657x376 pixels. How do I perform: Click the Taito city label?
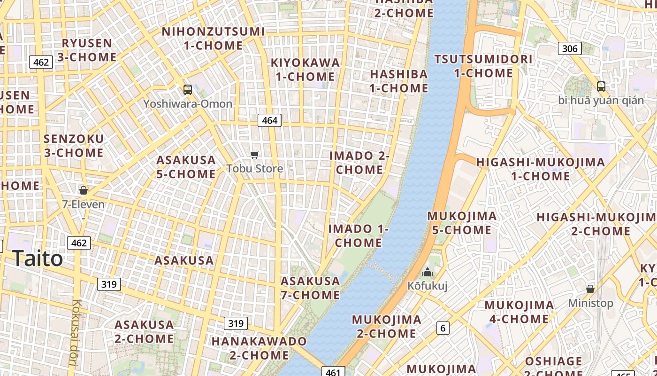[x=37, y=258]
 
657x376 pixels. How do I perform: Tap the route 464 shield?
[x=269, y=120]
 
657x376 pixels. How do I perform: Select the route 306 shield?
[x=570, y=48]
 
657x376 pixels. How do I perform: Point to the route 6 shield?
[x=443, y=328]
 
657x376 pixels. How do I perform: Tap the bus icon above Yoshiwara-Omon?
[x=187, y=89]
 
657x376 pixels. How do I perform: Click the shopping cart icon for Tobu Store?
[x=255, y=155]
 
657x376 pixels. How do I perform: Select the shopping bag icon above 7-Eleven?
[x=84, y=190]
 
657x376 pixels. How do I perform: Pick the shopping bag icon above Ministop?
[x=590, y=289]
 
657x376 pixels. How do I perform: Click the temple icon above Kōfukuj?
[x=427, y=272]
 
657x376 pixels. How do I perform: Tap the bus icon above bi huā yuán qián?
[x=601, y=86]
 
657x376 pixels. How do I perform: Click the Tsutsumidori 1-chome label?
[x=483, y=66]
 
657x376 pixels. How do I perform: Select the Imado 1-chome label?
[x=359, y=236]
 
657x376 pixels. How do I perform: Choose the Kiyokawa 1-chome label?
[x=305, y=70]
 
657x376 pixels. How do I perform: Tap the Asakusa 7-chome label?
[x=310, y=288]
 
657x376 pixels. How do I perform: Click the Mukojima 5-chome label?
[x=462, y=223]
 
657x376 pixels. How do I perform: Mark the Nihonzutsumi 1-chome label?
[x=213, y=39]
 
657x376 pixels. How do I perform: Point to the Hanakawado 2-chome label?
[x=259, y=348]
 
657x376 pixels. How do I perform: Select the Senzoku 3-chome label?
[x=74, y=146]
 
